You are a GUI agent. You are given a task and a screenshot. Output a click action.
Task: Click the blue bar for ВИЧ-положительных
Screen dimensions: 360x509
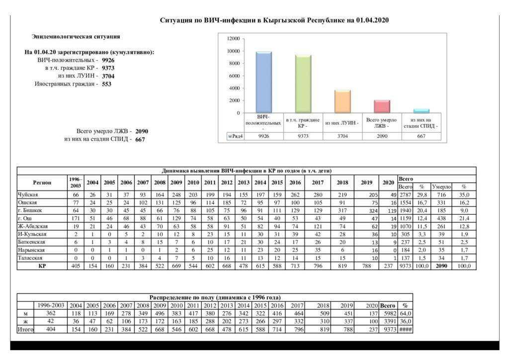(263, 82)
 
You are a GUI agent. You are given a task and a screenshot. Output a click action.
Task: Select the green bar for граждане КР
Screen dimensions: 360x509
(303, 84)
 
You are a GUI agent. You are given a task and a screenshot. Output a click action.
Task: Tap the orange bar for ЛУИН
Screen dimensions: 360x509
(342, 101)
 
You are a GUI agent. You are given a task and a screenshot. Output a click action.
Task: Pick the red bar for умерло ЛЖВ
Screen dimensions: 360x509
(382, 106)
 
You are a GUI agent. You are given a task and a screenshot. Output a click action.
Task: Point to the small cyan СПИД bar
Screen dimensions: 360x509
(421, 111)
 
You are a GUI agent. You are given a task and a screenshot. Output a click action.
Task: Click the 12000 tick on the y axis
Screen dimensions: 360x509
(233, 39)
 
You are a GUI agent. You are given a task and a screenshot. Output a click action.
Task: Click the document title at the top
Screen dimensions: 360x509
(274, 20)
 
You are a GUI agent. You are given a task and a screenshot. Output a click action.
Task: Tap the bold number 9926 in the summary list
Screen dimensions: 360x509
(108, 60)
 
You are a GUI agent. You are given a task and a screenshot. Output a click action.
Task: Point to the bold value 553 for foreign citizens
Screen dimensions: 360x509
(106, 84)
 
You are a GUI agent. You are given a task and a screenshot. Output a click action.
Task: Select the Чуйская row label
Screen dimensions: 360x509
(28, 194)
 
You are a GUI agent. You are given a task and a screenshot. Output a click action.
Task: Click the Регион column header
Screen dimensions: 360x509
(42, 182)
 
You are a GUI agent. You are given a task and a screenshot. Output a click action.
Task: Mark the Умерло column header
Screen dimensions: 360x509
(441, 186)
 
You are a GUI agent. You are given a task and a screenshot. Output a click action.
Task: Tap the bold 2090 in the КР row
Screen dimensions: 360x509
(441, 266)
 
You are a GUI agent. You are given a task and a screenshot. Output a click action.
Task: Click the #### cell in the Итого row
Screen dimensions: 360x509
(405, 329)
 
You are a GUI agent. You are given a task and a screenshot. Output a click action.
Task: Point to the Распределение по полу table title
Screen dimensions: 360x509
(215, 297)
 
